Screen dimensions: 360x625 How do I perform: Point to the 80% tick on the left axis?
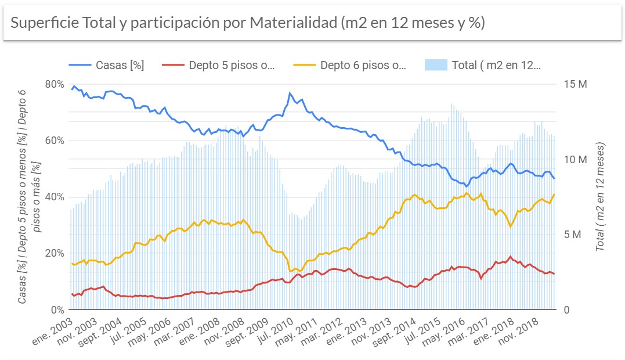pos(55,84)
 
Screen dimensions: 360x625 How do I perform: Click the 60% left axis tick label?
pos(55,141)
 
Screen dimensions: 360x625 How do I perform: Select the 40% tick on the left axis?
pos(55,197)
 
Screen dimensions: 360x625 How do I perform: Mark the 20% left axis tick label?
pos(55,253)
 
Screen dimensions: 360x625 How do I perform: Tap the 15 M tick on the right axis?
pos(576,84)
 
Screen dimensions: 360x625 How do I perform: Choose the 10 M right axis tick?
pos(576,159)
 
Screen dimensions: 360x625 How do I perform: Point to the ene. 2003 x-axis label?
pos(56,329)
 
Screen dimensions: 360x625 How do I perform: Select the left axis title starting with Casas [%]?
pos(30,196)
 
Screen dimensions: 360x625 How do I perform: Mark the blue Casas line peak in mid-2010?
pos(290,93)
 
